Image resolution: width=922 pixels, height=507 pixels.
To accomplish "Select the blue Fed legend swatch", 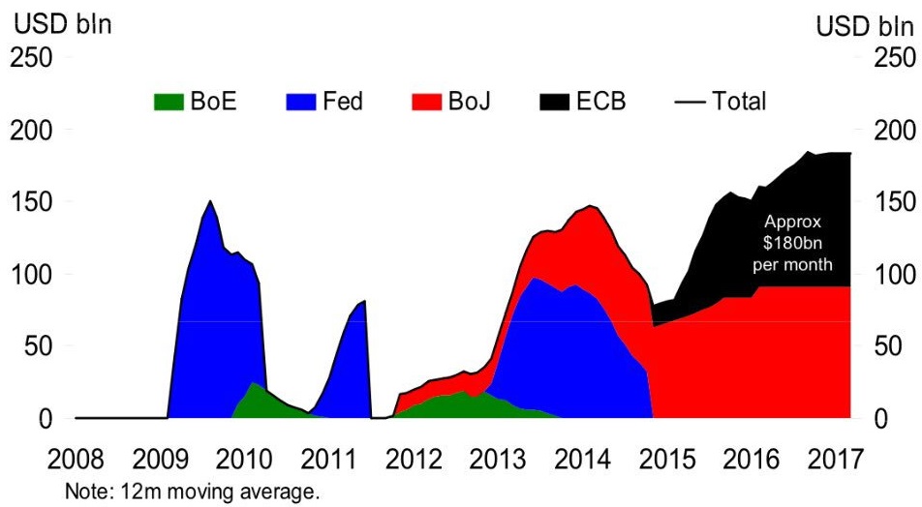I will (x=302, y=101).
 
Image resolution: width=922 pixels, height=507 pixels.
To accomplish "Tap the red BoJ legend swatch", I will (x=427, y=101).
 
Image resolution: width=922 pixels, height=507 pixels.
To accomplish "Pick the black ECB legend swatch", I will (x=557, y=101).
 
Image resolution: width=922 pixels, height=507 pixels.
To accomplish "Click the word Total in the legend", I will (x=739, y=101).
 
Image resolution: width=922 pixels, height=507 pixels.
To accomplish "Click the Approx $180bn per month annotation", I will (x=792, y=242).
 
